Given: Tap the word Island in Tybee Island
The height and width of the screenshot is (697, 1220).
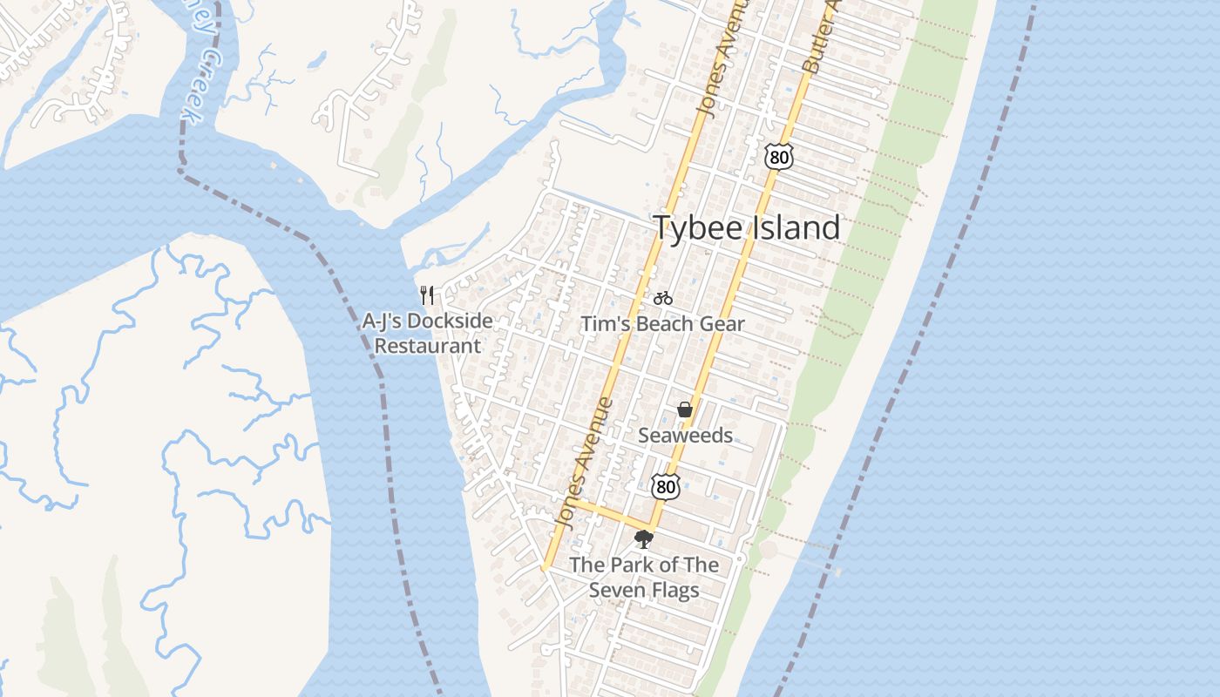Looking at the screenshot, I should click(x=793, y=227).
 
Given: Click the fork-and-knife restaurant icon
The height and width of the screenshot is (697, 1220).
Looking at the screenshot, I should click(x=427, y=294).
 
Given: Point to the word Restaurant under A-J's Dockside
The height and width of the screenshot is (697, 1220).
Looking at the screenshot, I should click(x=427, y=345).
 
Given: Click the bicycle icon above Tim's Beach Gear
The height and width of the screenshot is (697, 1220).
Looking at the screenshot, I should click(x=663, y=298).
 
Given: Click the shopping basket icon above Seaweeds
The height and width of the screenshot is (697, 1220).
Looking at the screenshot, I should click(x=685, y=409).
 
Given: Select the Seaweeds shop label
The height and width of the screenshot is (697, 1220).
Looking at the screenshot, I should click(x=685, y=435).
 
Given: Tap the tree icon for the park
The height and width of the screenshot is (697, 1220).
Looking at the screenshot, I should click(x=644, y=539).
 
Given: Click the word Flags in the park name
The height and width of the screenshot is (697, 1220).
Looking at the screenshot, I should click(x=673, y=590).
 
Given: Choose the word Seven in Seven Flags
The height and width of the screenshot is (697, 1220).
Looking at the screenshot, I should click(x=618, y=590).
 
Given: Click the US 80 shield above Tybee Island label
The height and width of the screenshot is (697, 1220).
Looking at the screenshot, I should click(x=779, y=157).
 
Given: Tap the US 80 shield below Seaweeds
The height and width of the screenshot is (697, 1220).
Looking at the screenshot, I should click(x=665, y=486).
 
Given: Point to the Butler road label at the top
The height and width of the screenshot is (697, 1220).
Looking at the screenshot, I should click(x=817, y=39).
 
